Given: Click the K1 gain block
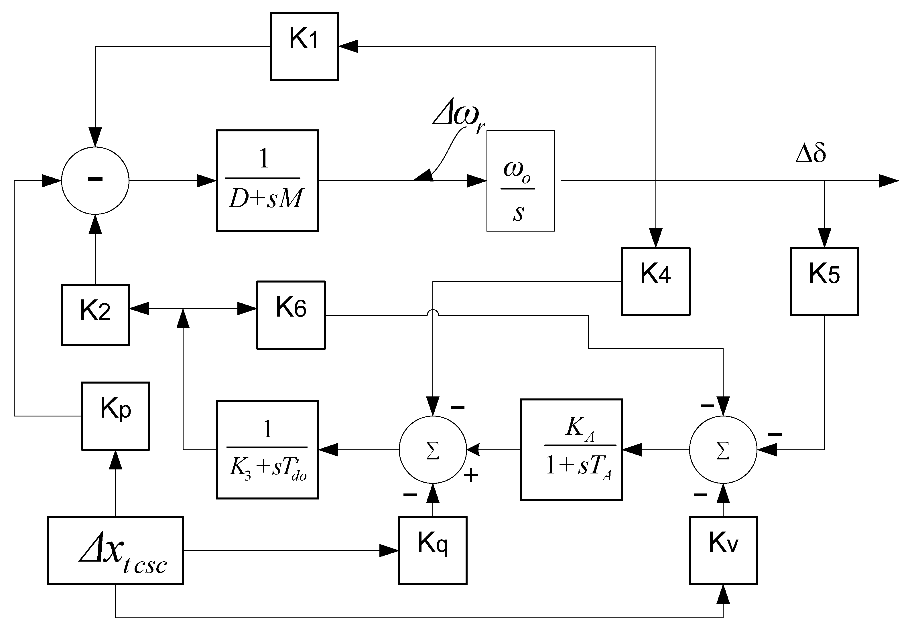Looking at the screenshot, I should coord(304,46).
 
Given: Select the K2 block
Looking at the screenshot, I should coord(95,315).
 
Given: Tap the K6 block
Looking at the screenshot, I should coord(291,315).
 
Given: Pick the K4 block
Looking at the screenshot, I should coord(655,281).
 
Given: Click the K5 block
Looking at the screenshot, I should coord(824,281).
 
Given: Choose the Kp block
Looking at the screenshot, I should coord(115,416).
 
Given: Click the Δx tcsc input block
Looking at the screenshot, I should coord(115,550).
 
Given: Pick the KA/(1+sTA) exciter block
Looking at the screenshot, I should coord(571,449).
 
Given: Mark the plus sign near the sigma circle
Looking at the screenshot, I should coord(471,476).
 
